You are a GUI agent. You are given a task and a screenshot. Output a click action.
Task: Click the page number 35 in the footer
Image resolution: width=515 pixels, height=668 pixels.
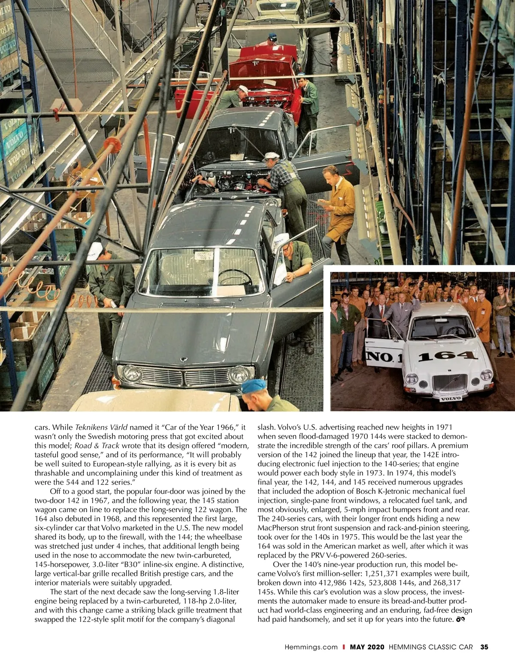point(484,647)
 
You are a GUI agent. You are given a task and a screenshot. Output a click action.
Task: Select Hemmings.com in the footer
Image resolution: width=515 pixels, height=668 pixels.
point(311,647)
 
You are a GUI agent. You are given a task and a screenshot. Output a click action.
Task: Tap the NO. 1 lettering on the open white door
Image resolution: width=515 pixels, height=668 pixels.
point(383,357)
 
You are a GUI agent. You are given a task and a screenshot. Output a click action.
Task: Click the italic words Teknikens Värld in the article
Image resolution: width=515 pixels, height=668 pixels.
point(101,427)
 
